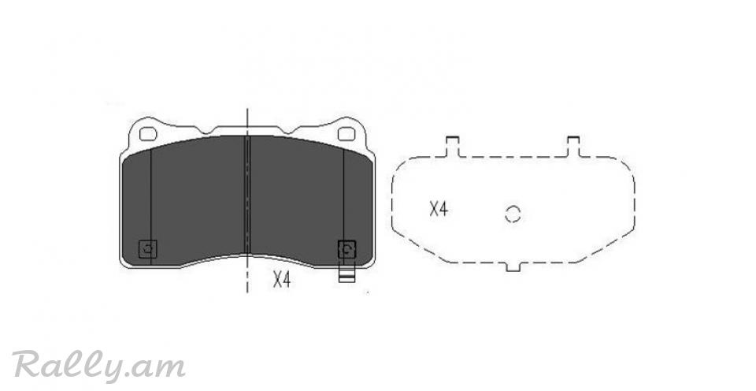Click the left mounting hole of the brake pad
point(148,134)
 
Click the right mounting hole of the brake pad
point(346,134)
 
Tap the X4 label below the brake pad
point(282,280)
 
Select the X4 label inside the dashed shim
point(439,210)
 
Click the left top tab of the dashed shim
point(453,147)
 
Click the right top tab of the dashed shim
point(573,147)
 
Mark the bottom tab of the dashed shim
point(513,266)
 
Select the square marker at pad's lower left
point(148,249)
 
